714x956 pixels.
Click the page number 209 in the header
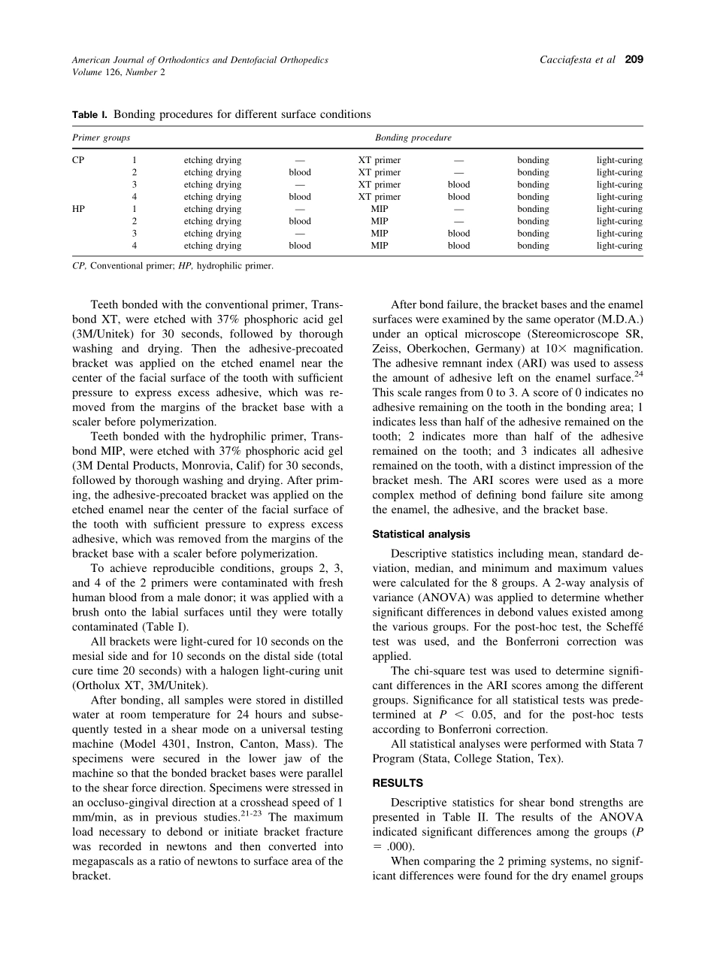coord(634,59)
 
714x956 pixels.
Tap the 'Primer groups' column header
coord(101,138)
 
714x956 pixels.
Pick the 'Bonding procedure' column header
coord(413,138)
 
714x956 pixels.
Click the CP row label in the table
coord(78,160)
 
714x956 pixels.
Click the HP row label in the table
coord(78,209)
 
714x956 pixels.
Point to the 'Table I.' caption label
coord(89,114)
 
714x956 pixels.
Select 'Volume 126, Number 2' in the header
coord(118,72)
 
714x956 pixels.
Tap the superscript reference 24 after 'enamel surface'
coord(638,374)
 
